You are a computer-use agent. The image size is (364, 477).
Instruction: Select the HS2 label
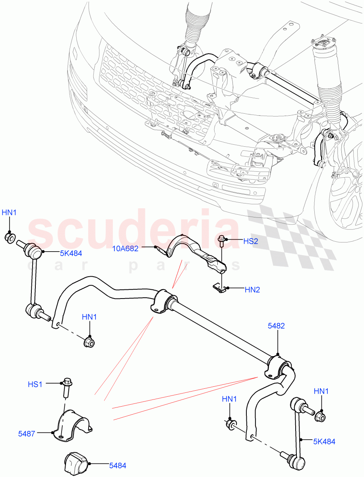(250, 241)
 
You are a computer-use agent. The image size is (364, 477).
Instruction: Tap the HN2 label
(252, 290)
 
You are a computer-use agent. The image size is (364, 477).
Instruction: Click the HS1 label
(35, 384)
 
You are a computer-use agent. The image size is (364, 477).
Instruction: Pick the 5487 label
(26, 434)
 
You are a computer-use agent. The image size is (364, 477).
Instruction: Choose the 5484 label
(118, 465)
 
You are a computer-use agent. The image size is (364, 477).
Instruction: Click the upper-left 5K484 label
(71, 253)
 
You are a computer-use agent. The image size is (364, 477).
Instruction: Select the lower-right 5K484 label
(323, 441)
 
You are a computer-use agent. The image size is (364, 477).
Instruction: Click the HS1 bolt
(66, 387)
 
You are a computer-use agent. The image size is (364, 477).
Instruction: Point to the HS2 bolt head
(222, 239)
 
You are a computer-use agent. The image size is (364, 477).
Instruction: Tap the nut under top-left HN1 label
(10, 238)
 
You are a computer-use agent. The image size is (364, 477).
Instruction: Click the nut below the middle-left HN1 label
(90, 341)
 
